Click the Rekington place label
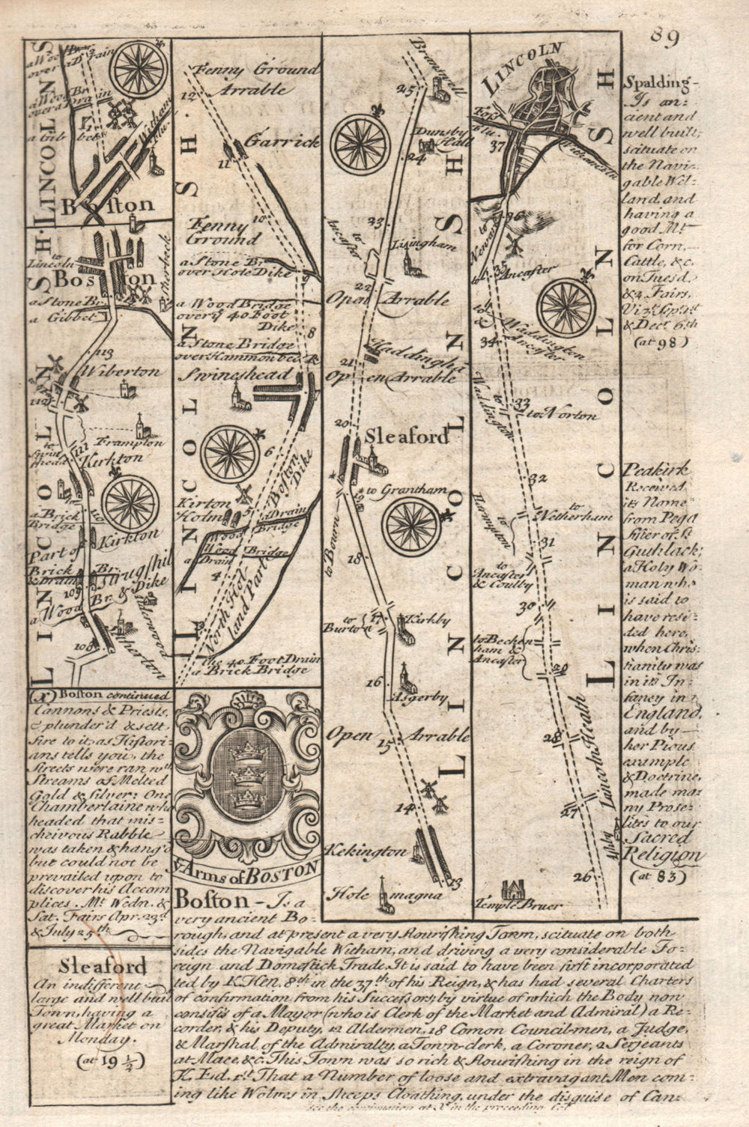pos(367,851)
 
